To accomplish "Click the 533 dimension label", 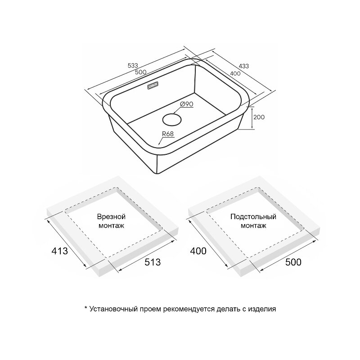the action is [133, 65].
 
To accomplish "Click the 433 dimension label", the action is [243, 66].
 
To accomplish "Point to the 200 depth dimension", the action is [259, 117].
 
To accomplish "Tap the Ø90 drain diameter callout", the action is [187, 104].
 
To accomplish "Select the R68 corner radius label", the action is [168, 134].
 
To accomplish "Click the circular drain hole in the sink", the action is [172, 120].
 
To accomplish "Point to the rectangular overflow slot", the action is [153, 85].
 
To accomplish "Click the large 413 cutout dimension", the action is [60, 251].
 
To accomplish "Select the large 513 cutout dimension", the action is [153, 262].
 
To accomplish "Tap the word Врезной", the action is [111, 217].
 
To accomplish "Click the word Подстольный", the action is [253, 217].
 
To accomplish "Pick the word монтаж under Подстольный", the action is [253, 226].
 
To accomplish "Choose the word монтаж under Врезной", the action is [111, 226].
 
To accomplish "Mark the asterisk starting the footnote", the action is [86, 308].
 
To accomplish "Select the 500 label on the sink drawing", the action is [140, 72].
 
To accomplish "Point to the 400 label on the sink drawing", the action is [235, 73].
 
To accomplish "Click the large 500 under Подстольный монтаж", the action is [293, 262].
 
